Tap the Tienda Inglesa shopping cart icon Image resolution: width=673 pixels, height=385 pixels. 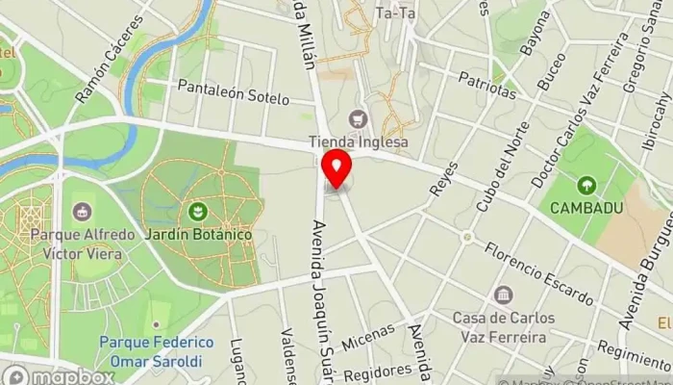point(360,119)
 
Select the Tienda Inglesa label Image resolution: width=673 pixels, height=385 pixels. point(359,141)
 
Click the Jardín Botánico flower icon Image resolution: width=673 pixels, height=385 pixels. point(199,210)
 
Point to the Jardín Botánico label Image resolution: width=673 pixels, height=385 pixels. point(199,234)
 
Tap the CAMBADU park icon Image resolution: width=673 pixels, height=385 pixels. point(586,184)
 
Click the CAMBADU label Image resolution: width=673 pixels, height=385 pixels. point(586,207)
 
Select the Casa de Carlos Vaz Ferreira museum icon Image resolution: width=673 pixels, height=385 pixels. point(502,295)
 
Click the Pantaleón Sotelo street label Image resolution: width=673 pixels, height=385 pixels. point(234,92)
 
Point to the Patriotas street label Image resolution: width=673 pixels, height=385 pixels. point(486,84)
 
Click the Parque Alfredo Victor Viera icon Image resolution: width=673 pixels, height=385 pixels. point(82,211)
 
